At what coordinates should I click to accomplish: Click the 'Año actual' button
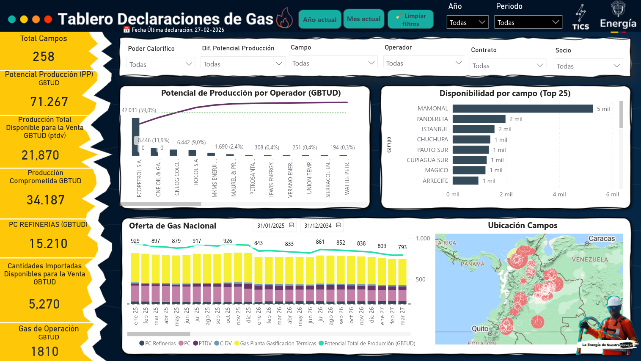pos(319,19)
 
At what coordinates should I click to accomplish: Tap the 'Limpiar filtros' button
pos(410,19)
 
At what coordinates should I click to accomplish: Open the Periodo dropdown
pos(528,22)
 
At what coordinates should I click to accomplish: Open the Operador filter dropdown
pos(424,63)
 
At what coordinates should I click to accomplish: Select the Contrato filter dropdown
pos(507,66)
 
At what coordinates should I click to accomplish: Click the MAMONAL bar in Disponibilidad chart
pos(523,109)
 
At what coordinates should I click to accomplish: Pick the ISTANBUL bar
pos(473,129)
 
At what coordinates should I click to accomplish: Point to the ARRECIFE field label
pos(435,181)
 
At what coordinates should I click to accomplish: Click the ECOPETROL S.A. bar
pos(135,136)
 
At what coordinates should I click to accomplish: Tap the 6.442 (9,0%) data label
pos(191,143)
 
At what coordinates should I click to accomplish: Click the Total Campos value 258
pos(44,56)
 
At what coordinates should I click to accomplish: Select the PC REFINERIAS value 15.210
pos(48,244)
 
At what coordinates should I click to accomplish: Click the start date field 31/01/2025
pos(271,226)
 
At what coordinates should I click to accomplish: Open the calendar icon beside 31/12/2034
pos(338,226)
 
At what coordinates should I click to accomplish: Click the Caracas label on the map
pos(602,239)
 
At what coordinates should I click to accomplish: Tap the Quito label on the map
pos(480,328)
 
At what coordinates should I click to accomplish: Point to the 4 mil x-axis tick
pos(559,194)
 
